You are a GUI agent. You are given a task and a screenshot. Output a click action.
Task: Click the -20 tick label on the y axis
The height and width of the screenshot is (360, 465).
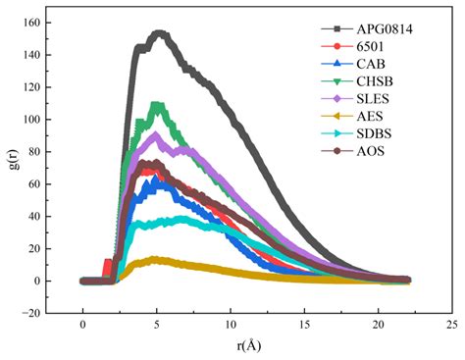pos(45,313)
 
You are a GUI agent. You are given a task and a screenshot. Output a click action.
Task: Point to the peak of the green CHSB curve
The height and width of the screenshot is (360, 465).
pos(156,104)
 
